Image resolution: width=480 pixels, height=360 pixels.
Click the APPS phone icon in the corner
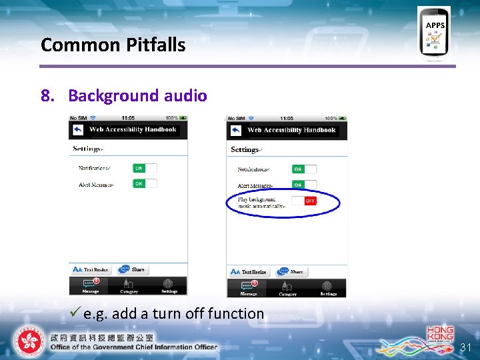pyautogui.click(x=434, y=33)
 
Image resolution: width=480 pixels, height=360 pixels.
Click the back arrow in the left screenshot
pyautogui.click(x=78, y=129)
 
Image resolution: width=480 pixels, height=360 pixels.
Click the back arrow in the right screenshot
pyautogui.click(x=236, y=130)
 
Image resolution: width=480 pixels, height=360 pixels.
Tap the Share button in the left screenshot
pyautogui.click(x=133, y=269)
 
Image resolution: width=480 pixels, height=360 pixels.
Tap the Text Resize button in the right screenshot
pyautogui.click(x=249, y=271)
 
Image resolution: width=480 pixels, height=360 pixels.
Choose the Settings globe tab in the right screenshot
pyautogui.click(x=328, y=288)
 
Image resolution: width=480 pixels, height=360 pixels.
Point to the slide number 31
pyautogui.click(x=465, y=347)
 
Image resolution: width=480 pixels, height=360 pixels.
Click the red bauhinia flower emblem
pyautogui.click(x=29, y=341)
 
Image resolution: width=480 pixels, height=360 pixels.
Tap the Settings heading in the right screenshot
pyautogui.click(x=245, y=150)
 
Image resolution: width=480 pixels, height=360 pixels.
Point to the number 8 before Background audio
pyautogui.click(x=46, y=95)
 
